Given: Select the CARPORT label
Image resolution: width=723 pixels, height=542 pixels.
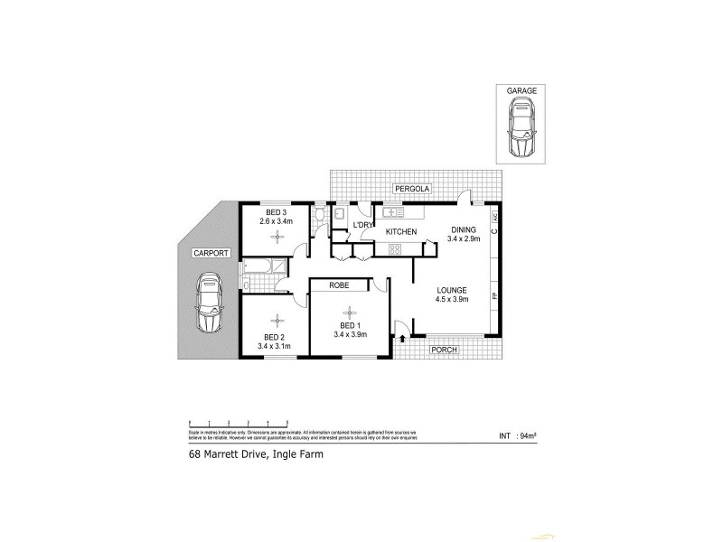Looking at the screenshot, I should (x=211, y=254).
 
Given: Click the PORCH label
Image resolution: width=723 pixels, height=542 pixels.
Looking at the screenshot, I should (x=443, y=350).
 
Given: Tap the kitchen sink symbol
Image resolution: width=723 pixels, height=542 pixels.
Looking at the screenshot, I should (x=392, y=213).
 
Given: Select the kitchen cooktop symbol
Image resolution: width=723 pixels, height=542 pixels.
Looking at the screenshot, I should (x=394, y=247).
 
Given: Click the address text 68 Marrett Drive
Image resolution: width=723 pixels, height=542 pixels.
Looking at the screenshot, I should (x=256, y=456).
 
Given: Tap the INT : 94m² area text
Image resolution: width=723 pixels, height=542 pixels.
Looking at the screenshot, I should (x=518, y=436).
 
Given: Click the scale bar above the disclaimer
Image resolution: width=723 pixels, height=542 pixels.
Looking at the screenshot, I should (x=238, y=422).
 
